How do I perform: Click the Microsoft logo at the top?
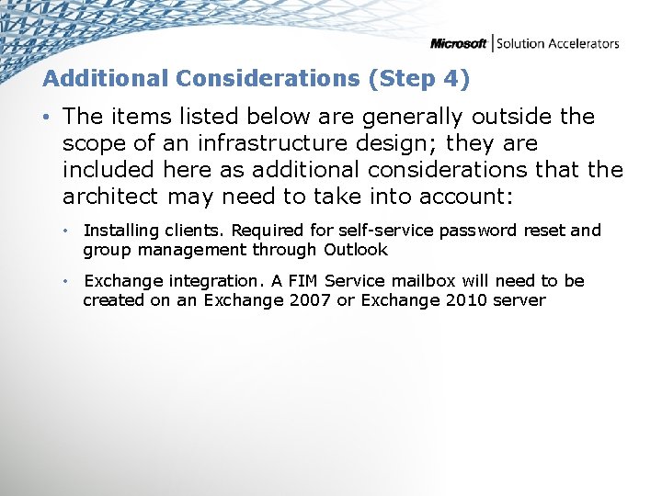[459, 43]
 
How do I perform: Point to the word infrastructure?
[263, 143]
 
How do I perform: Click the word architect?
[112, 197]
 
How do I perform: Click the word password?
[479, 231]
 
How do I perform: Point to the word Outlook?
[355, 249]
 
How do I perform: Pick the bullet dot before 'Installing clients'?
[66, 231]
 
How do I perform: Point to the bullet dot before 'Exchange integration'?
[66, 281]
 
